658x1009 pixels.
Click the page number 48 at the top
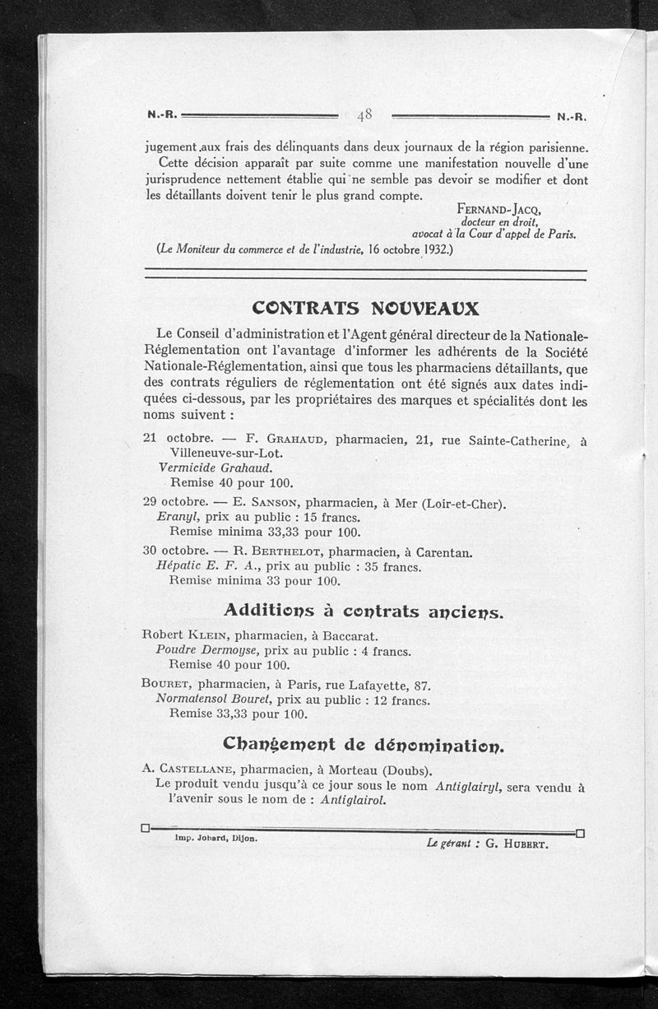[x=365, y=115]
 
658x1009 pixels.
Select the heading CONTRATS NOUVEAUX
[x=366, y=308]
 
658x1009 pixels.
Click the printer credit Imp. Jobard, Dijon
[x=215, y=839]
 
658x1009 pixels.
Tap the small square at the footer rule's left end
[x=145, y=827]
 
